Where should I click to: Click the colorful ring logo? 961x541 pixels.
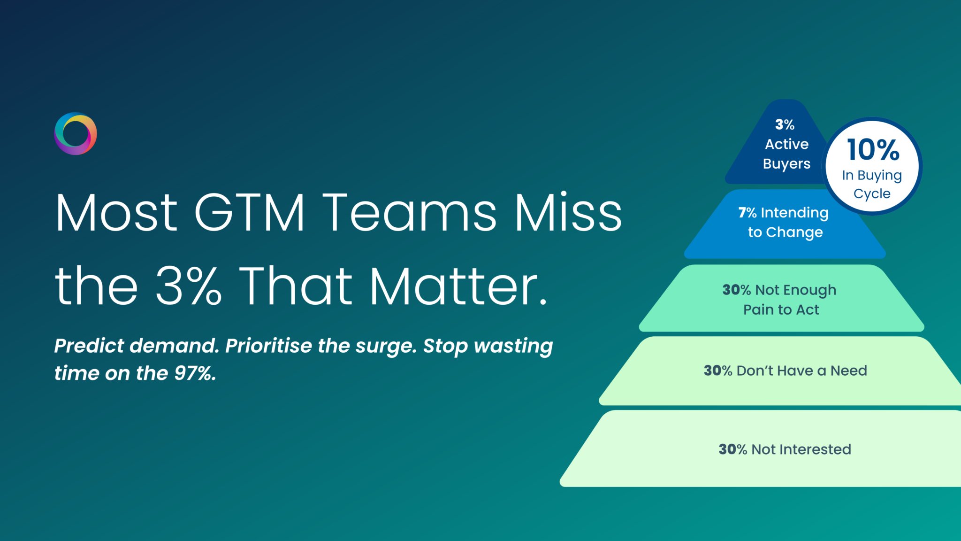[76, 134]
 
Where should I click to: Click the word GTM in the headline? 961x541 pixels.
[250, 213]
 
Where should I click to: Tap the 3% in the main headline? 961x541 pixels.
[188, 286]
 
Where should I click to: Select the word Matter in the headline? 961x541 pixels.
[458, 286]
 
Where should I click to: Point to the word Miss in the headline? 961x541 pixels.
[568, 213]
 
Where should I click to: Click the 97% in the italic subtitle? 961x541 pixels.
[195, 373]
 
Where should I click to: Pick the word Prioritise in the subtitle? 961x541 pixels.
[269, 346]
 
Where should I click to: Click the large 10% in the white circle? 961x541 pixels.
[873, 150]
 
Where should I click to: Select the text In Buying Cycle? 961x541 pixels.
[872, 184]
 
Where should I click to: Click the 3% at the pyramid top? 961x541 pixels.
[785, 124]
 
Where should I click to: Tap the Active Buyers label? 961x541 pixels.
[786, 154]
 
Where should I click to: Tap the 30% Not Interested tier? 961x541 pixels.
[785, 449]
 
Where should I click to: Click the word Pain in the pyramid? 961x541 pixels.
[758, 310]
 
